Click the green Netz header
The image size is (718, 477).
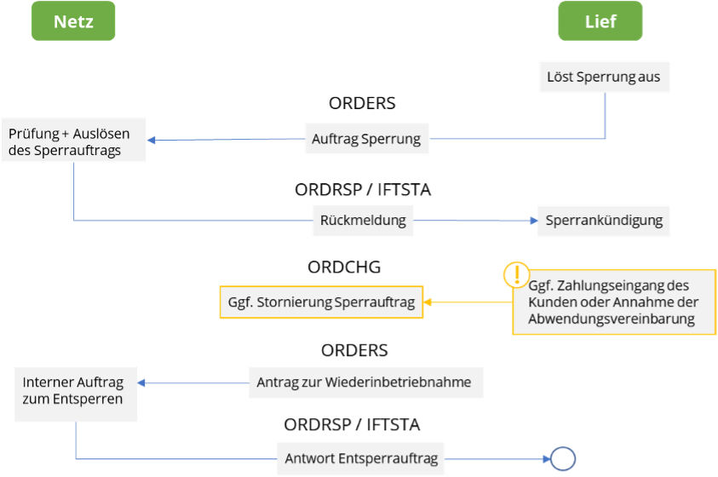[x=73, y=21]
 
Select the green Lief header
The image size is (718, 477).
[x=600, y=21]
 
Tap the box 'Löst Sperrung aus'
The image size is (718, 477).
[x=603, y=77]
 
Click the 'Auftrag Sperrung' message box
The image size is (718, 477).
[x=366, y=139]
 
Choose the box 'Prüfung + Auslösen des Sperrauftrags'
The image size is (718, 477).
[x=73, y=141]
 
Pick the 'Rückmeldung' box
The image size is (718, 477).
[x=363, y=221]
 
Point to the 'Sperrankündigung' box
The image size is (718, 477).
[x=603, y=221]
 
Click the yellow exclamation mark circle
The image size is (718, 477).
[x=516, y=275]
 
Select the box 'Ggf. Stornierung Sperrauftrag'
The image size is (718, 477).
[x=321, y=302]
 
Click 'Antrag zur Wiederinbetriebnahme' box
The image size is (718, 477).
[x=365, y=382]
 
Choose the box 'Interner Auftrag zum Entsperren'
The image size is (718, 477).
[x=76, y=391]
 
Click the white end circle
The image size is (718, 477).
[x=562, y=459]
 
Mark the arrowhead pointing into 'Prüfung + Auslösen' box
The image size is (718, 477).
[x=153, y=141]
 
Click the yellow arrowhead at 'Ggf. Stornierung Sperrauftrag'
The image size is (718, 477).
[x=428, y=302]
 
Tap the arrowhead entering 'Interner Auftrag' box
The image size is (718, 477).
[x=143, y=383]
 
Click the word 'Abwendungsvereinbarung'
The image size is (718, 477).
[x=612, y=319]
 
